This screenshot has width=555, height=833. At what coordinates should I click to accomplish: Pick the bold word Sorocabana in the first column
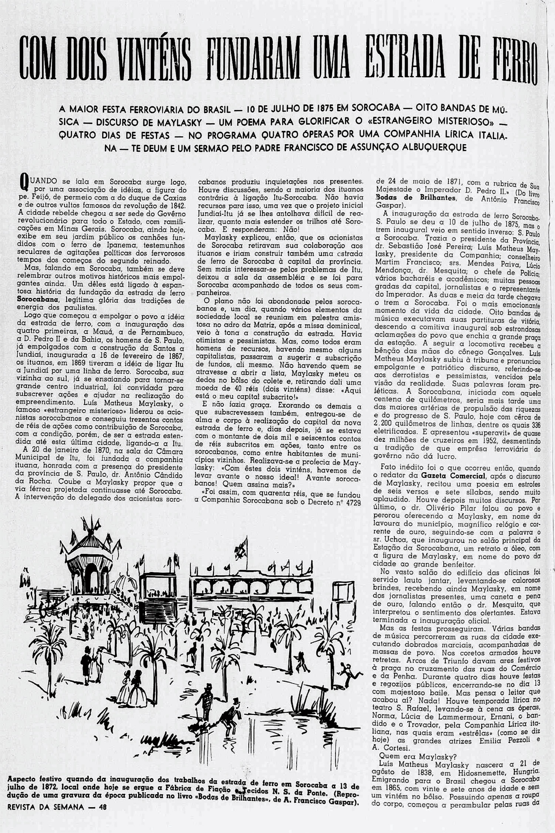coord(37,300)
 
